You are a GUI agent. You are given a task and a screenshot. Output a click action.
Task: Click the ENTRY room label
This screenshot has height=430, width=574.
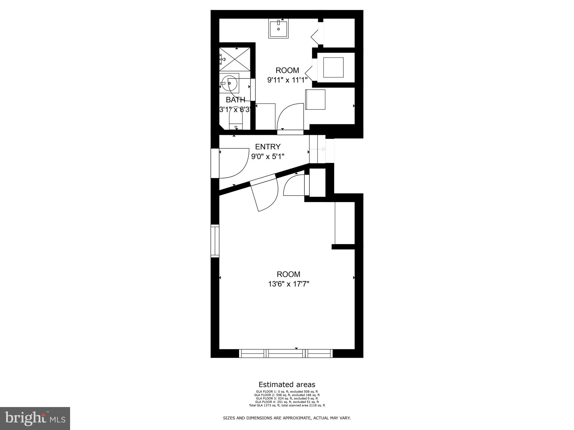coord(268,147)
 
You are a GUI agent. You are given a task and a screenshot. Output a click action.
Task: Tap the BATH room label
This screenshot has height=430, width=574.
coord(235,100)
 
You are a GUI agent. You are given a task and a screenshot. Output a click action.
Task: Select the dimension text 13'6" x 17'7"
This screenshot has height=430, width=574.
coord(288,284)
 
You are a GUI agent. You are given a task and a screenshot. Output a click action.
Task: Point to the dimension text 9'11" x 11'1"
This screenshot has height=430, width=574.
coord(287,80)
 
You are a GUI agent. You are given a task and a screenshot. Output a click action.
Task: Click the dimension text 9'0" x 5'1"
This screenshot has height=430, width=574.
coord(268,156)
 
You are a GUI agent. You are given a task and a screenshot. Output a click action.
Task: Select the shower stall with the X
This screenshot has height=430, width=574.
coord(235,59)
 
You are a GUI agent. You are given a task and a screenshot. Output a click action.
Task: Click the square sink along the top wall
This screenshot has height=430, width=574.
coord(278,28)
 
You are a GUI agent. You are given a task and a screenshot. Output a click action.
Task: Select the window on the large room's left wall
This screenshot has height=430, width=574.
coord(215,241)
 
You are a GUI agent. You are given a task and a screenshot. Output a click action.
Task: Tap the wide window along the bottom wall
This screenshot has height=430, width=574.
coord(286,354)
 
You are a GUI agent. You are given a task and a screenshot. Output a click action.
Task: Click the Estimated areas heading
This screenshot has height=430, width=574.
coord(287,384)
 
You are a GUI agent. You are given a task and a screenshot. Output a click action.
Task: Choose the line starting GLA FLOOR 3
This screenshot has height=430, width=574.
coord(287,398)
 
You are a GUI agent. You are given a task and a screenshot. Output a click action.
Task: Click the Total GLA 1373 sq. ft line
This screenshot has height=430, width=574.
coord(287,405)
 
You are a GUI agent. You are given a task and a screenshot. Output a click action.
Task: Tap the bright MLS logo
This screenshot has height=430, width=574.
coord(35,418)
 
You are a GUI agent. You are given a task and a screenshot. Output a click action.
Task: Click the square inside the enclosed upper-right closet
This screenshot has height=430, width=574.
coord(333,67)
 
